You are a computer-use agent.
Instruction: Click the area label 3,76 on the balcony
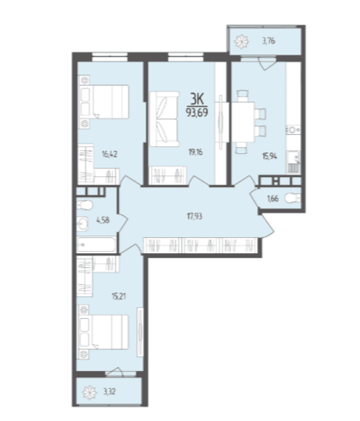pos(268,42)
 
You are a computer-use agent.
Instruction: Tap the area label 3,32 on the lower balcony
pos(109,392)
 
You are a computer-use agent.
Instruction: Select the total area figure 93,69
pos(197,112)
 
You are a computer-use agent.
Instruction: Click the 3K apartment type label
pos(197,99)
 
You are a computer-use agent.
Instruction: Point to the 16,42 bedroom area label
pos(110,155)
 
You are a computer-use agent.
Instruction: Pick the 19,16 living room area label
pos(195,152)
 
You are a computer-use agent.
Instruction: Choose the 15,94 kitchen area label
pos(269,155)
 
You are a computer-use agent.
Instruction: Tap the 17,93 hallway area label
pos(195,216)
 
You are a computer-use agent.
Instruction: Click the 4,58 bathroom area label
pos(103,220)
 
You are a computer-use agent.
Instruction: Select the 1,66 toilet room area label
pos(272,199)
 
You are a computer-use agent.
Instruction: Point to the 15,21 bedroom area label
pos(118,296)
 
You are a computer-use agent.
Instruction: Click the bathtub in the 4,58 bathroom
pos(97,244)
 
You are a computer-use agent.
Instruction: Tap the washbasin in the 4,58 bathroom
pos(82,222)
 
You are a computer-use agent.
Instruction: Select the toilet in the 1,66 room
pos(293,199)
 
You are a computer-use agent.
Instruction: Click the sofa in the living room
pos(164,119)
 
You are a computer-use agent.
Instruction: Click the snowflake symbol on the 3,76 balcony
pos(242,42)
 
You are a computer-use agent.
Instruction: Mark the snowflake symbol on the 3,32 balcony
pos(89,393)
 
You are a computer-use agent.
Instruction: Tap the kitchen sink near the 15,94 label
pos(294,162)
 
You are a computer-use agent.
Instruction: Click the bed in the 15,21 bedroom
pos(103,332)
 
